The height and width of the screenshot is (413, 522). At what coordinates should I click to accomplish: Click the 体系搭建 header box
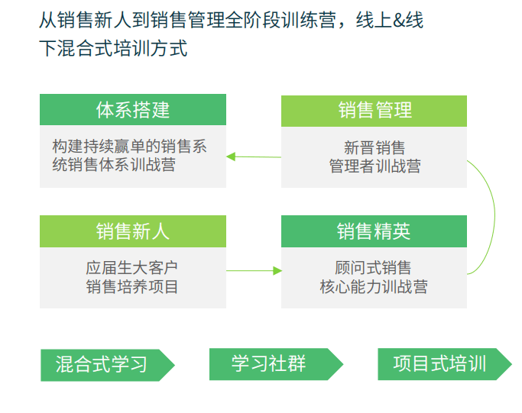click(133, 109)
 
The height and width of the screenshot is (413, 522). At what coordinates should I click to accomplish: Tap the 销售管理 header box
click(374, 111)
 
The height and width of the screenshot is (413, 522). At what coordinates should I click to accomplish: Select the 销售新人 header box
click(133, 231)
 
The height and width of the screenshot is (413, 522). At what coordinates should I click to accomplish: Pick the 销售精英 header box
click(374, 231)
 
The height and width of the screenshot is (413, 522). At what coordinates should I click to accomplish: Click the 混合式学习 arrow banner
click(107, 365)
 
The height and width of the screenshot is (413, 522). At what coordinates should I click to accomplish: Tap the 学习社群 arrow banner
click(276, 364)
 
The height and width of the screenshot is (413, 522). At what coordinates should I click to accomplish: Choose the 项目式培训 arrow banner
click(445, 364)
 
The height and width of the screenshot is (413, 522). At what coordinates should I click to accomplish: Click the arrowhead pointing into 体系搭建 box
click(231, 156)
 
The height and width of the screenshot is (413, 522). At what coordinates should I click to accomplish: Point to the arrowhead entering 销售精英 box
click(277, 271)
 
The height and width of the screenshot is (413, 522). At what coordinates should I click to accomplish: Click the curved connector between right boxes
click(494, 216)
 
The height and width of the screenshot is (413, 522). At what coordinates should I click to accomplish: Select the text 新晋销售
click(374, 147)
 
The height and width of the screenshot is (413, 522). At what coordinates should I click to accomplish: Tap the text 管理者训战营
click(374, 166)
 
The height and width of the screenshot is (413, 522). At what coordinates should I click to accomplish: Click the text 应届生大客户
click(131, 268)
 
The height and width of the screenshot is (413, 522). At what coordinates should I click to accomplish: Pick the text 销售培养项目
click(131, 286)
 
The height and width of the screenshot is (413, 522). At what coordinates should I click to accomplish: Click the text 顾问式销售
click(373, 268)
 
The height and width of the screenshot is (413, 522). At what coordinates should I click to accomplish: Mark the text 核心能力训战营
click(374, 286)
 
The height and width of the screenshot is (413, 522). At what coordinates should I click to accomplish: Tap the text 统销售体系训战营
click(114, 165)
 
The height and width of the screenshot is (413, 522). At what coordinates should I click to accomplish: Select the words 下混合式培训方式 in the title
click(113, 48)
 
